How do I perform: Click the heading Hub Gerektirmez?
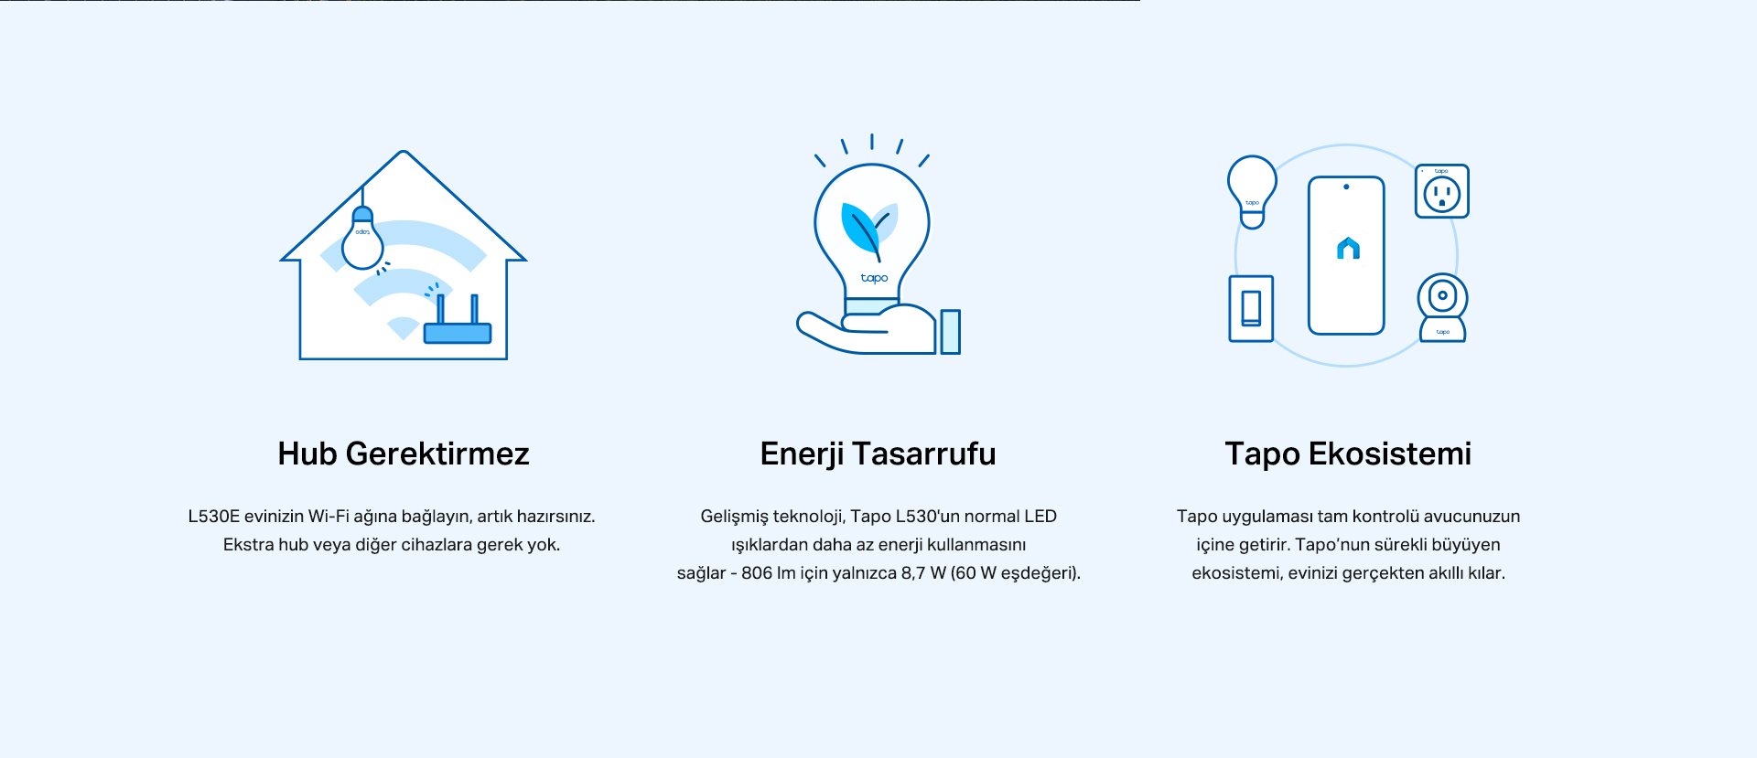click(x=404, y=454)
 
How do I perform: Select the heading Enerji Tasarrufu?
click(x=878, y=454)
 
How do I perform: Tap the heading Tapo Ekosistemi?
click(x=1348, y=454)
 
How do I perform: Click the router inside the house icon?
click(x=458, y=321)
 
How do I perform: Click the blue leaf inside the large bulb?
click(x=860, y=229)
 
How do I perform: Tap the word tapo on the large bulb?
click(x=874, y=278)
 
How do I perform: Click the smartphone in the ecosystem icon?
click(x=1346, y=255)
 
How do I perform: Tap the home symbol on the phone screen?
click(x=1348, y=248)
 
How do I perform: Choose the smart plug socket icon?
click(x=1442, y=191)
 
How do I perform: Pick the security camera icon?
click(x=1442, y=307)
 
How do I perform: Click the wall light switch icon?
click(x=1251, y=308)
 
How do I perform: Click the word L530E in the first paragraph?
click(x=214, y=517)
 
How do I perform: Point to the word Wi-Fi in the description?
click(x=329, y=517)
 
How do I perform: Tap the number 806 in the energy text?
click(x=757, y=573)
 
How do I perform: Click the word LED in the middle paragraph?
click(x=1040, y=517)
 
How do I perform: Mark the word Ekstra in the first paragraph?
click(x=248, y=545)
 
